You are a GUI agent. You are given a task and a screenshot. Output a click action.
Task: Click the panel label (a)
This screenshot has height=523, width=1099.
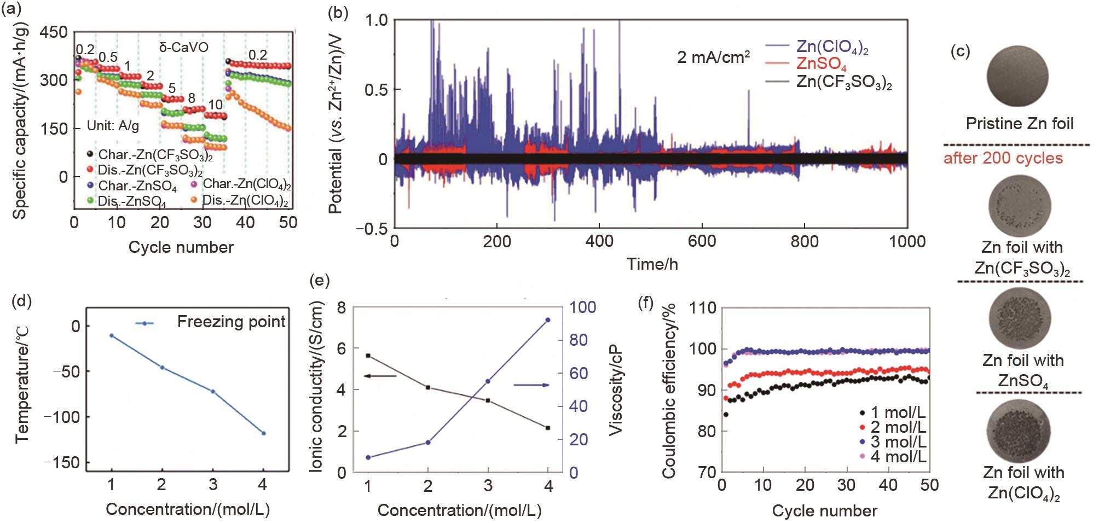pos(12,10)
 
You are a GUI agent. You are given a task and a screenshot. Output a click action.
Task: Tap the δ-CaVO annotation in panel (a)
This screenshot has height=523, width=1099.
pos(183,47)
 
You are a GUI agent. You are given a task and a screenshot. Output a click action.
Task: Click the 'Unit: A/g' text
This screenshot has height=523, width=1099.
pos(113,126)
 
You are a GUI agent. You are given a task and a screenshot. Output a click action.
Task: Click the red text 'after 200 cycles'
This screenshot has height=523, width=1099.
pos(1003,159)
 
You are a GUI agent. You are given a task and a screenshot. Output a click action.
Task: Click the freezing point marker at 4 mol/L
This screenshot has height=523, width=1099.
pos(263,433)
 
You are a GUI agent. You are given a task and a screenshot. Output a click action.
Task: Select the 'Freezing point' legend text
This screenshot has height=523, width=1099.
pos(231,322)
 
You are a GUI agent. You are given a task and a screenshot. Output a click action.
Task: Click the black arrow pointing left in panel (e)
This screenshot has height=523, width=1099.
pos(379,376)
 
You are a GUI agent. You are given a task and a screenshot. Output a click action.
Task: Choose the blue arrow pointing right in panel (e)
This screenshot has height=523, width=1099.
pos(531,385)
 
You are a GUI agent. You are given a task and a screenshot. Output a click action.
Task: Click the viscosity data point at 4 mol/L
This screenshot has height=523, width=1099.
pos(547,319)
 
